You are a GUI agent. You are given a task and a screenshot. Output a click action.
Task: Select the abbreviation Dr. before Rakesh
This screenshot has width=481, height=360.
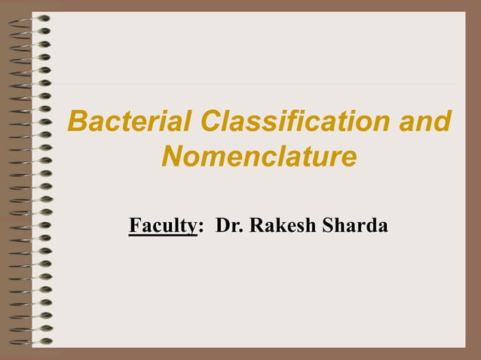228,225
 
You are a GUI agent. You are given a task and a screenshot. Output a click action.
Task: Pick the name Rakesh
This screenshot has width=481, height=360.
281,225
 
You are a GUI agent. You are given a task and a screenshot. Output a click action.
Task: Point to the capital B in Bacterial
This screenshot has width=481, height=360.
76,121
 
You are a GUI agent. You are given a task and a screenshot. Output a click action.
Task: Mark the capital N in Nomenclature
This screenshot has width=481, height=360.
173,158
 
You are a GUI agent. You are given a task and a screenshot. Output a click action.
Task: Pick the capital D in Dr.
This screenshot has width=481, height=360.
222,225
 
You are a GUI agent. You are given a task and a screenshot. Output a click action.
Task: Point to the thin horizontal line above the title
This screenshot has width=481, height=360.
256,83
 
